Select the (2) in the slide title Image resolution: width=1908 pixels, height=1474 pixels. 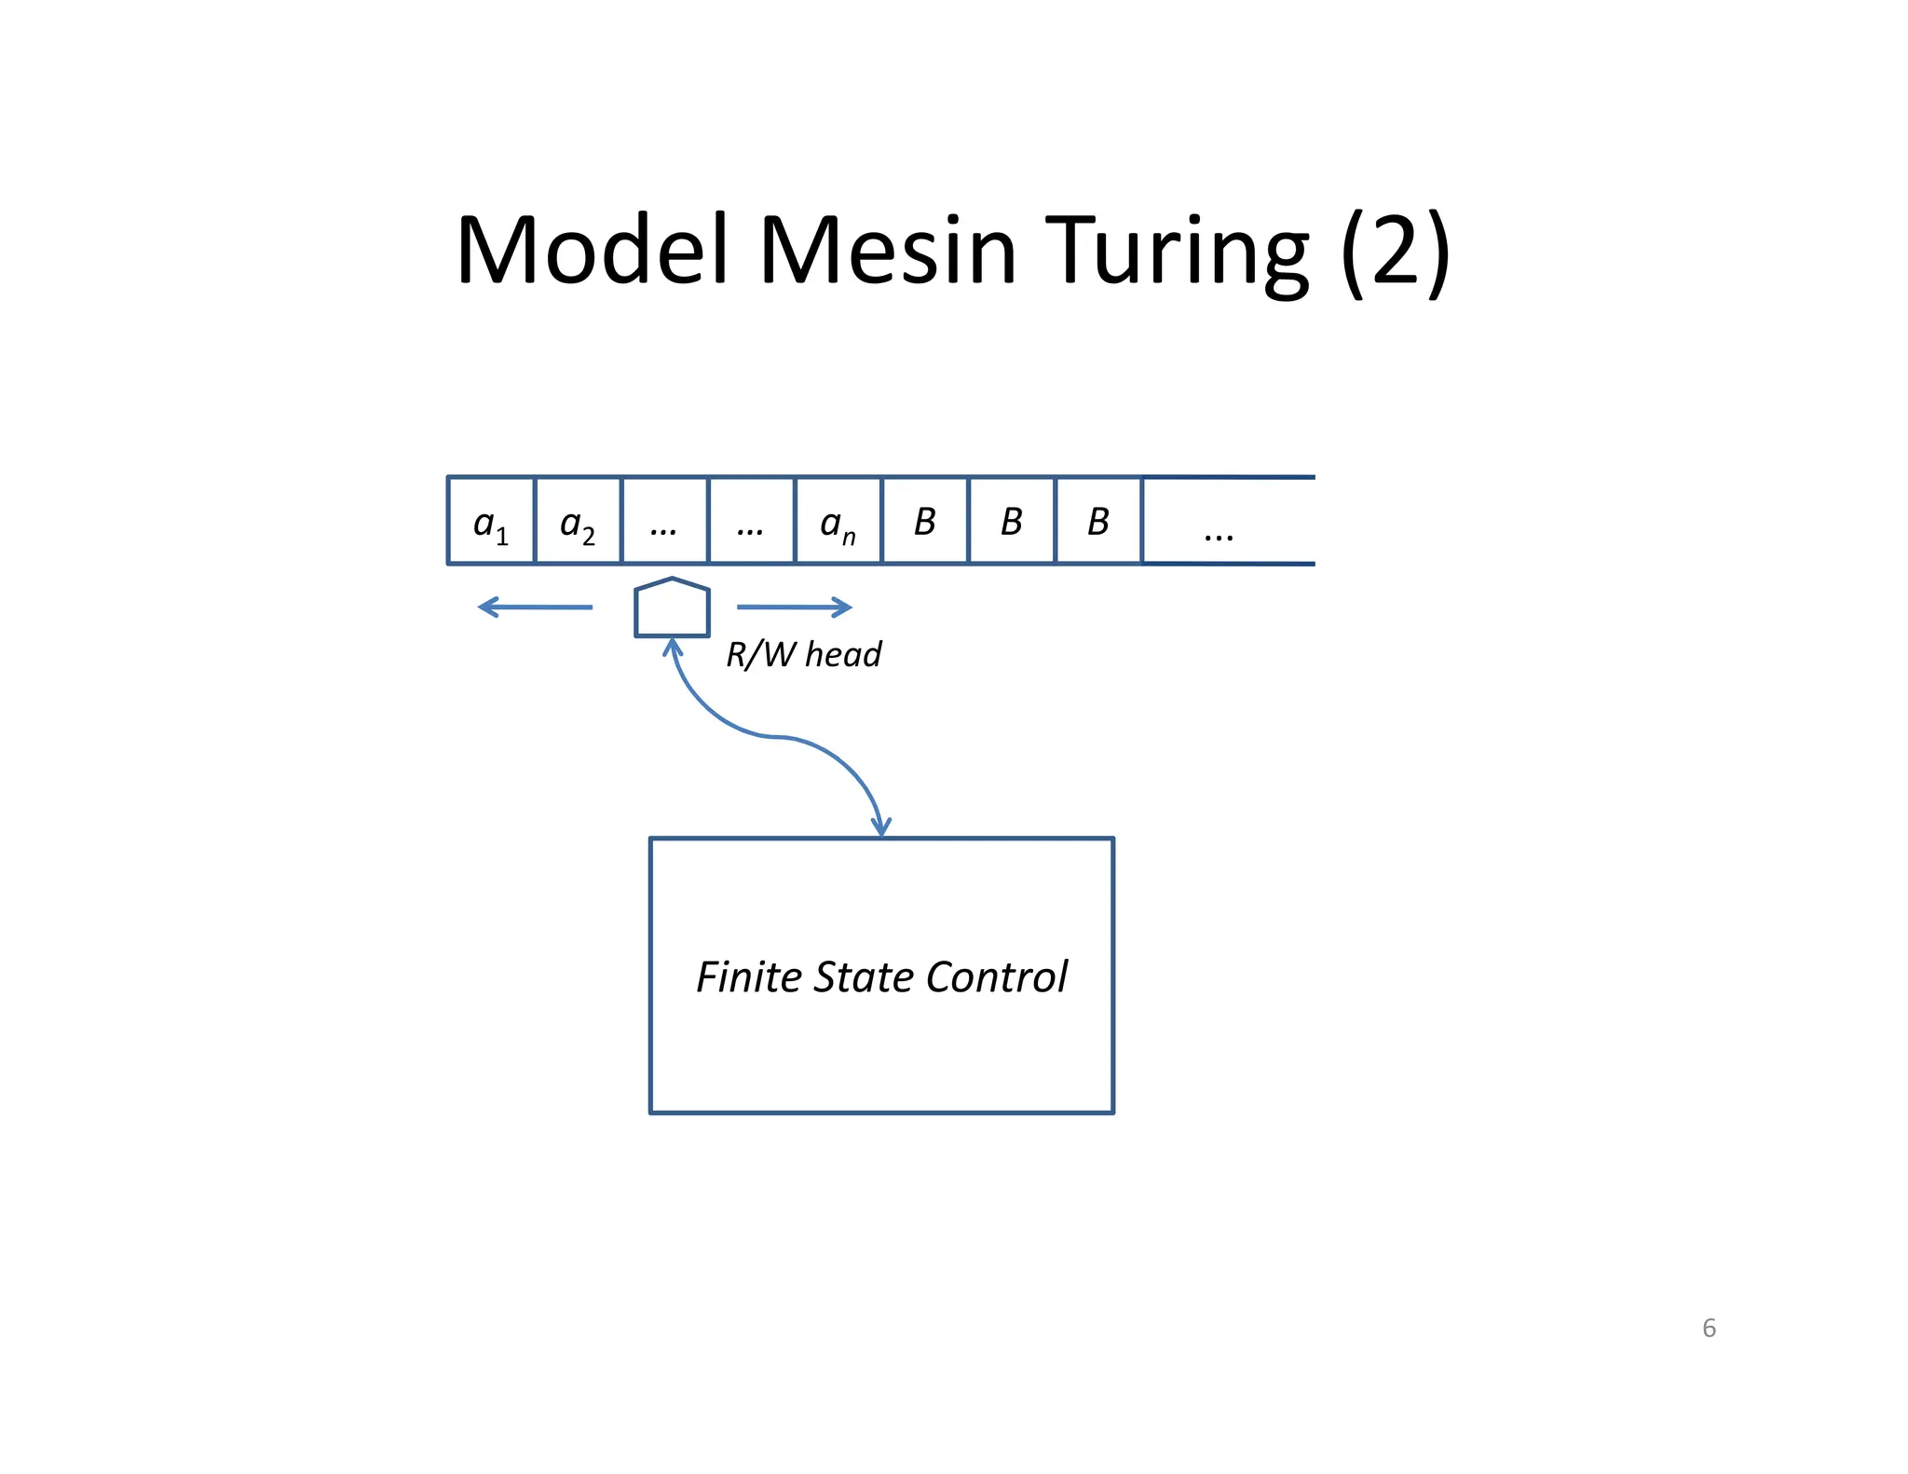tap(1394, 252)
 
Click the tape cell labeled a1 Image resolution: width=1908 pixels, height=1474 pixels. tap(491, 522)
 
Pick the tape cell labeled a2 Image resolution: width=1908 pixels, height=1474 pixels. tap(578, 522)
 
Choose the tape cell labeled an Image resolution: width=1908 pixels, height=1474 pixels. tap(838, 522)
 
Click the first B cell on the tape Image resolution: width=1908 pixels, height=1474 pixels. tap(924, 522)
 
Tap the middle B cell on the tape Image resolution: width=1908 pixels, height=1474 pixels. tap(1011, 522)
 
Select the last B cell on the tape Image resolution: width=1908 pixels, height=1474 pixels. tap(1097, 522)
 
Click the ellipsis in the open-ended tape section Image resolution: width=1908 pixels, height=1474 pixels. tap(1218, 534)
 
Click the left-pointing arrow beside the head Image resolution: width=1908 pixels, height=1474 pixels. tap(535, 607)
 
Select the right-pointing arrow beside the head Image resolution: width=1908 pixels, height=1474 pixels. tap(794, 607)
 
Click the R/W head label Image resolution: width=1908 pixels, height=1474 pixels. tap(803, 654)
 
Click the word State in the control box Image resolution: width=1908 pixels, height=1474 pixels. tap(864, 977)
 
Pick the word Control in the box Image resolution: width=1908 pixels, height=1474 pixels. tap(996, 977)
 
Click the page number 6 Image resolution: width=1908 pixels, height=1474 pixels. tap(1709, 1328)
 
